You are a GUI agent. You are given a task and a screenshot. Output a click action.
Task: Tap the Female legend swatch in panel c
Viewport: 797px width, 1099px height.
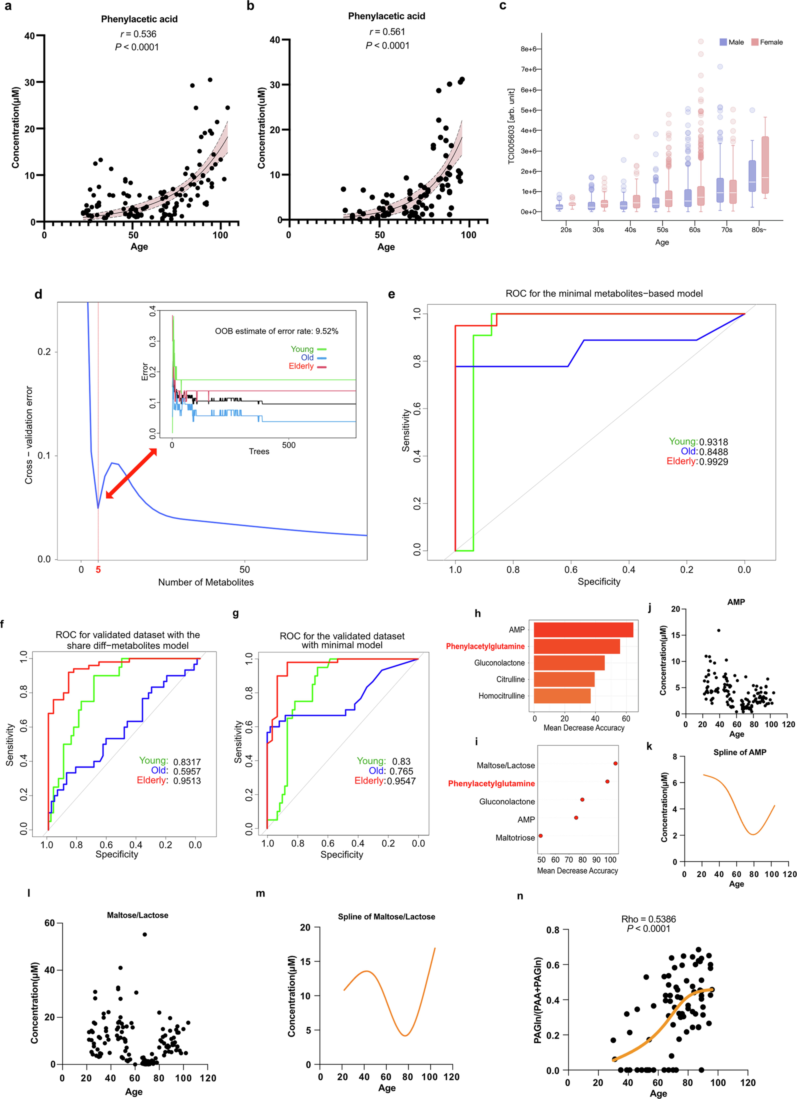[x=754, y=42]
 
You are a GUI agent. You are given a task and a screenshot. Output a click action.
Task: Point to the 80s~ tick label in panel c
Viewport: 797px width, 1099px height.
[x=759, y=230]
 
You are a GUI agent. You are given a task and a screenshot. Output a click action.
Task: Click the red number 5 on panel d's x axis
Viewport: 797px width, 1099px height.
[x=98, y=570]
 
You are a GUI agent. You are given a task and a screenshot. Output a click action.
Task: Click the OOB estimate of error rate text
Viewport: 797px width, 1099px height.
[x=277, y=331]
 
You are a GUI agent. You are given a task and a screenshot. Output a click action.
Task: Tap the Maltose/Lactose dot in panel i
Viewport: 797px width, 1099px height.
[x=615, y=763]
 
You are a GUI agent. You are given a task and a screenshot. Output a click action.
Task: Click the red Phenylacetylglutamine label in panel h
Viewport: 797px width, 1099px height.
[x=485, y=646]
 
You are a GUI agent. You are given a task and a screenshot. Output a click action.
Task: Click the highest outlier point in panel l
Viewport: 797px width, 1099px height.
[x=144, y=934]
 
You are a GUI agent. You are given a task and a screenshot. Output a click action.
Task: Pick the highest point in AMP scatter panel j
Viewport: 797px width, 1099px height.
[x=718, y=630]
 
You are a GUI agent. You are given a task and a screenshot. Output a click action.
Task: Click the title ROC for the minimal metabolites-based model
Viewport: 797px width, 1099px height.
[x=604, y=294]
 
